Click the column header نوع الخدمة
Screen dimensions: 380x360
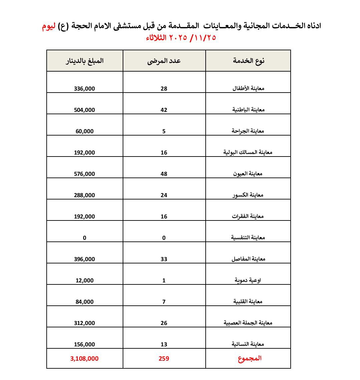(248, 61)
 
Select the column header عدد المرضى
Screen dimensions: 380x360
(164, 61)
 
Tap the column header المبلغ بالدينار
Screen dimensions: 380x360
(85, 61)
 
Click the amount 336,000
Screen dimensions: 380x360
(85, 89)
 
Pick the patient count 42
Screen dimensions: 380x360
(164, 110)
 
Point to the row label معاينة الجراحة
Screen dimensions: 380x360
(248, 131)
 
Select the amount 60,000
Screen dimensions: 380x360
(85, 131)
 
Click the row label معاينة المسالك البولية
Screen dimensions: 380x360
(248, 152)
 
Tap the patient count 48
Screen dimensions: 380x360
(164, 174)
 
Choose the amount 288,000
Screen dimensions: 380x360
(85, 195)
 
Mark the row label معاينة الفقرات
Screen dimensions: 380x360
(248, 216)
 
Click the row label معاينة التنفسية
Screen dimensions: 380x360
(248, 237)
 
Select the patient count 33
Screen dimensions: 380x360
(164, 259)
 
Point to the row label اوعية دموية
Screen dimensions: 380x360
(248, 280)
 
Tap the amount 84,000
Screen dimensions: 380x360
(85, 302)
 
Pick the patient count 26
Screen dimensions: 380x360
(164, 323)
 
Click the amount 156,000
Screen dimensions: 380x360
(85, 344)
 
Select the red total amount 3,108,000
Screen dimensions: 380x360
(85, 359)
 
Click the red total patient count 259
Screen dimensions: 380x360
(164, 359)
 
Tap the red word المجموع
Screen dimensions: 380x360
(249, 358)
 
